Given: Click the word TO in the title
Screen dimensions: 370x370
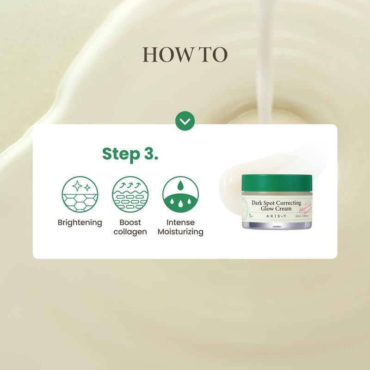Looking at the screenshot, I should pos(213,55).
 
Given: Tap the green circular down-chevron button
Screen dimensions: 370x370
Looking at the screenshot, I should pos(185,122).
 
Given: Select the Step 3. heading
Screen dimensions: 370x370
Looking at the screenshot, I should pos(130,154).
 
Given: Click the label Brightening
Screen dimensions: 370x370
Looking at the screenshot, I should pos(80,222).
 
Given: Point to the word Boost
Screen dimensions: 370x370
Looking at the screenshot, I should pos(130,222).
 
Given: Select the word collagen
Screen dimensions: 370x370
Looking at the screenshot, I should pos(130,232).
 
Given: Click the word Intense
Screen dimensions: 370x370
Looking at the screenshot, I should pos(180,222).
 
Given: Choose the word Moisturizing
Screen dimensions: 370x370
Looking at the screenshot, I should pos(180,232).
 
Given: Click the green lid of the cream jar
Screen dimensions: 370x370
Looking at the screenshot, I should pos(277,181).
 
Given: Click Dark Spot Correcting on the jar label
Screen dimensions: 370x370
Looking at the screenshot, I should pos(277,202).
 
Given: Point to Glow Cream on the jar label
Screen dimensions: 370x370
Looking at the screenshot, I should pos(277,209).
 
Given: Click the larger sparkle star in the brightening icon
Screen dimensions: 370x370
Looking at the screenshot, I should pos(77,186).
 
